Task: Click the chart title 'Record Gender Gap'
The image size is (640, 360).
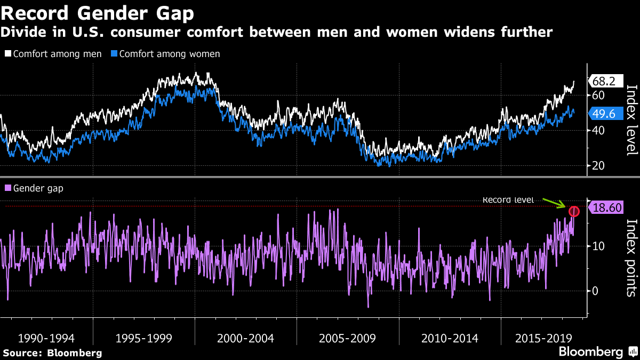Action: point(98,12)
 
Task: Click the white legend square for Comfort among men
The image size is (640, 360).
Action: point(8,54)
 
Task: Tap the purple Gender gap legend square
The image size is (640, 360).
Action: point(8,188)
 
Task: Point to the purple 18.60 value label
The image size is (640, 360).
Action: point(607,207)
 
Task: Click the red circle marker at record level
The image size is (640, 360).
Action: point(574,212)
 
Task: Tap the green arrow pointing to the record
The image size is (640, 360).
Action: point(555,203)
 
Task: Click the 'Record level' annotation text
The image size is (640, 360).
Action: point(508,200)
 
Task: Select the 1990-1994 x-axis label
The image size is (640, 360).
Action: point(46,338)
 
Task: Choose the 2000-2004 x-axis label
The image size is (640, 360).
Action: point(246,338)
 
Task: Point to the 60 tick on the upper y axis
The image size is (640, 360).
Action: point(598,95)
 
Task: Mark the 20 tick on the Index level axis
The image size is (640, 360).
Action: point(598,166)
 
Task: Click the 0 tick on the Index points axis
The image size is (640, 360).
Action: point(595,291)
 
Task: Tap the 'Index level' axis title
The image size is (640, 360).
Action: point(631,120)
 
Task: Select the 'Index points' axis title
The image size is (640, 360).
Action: point(631,257)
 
